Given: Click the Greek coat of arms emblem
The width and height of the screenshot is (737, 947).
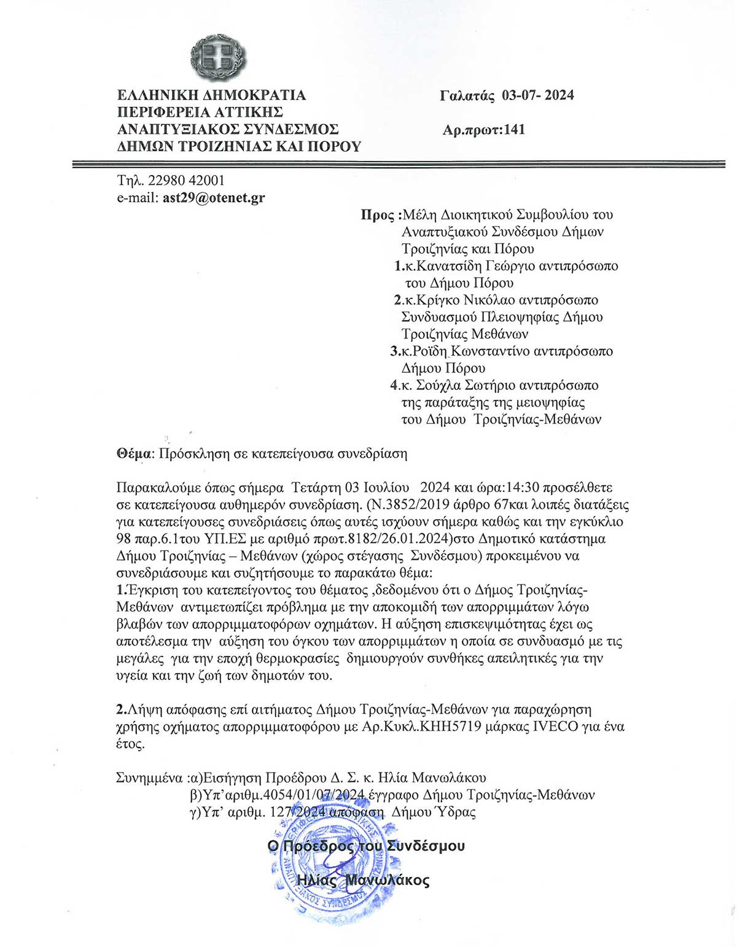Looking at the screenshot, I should pyautogui.click(x=218, y=57).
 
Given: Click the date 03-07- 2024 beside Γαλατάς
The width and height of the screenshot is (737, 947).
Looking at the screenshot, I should pyautogui.click(x=538, y=95).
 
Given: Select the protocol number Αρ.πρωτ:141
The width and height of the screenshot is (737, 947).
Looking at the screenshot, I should pyautogui.click(x=483, y=130).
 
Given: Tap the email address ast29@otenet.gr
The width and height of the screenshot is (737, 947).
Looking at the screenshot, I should pyautogui.click(x=214, y=198).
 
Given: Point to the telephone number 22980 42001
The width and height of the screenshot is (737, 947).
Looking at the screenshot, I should pyautogui.click(x=186, y=181).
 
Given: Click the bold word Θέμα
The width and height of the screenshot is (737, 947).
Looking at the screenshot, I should pyautogui.click(x=134, y=454).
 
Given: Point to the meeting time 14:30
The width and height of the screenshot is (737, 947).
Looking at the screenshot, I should pyautogui.click(x=523, y=488).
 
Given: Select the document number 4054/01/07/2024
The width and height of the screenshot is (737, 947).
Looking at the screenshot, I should pyautogui.click(x=313, y=795).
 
